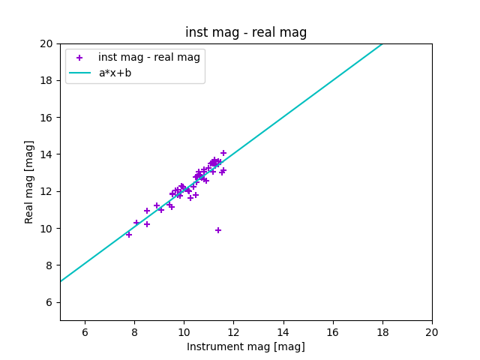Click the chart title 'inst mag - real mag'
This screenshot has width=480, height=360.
(x=246, y=33)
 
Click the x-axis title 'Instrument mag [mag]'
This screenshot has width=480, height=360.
(x=246, y=346)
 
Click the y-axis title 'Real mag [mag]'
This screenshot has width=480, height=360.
(x=30, y=182)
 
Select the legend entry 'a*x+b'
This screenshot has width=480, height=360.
(x=115, y=73)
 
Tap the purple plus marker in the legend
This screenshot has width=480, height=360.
(x=79, y=58)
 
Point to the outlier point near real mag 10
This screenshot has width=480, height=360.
(x=218, y=230)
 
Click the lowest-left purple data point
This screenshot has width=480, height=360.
(x=129, y=235)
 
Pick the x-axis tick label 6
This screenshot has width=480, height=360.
(x=85, y=332)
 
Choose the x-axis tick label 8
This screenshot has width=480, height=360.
(x=134, y=332)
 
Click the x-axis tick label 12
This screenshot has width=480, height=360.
(x=233, y=332)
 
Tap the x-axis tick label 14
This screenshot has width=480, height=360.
(x=283, y=332)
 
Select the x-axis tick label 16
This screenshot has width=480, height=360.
(x=332, y=332)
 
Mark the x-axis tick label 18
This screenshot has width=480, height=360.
(x=382, y=332)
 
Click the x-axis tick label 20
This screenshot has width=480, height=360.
(x=432, y=332)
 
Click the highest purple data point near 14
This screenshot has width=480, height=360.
(x=223, y=153)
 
